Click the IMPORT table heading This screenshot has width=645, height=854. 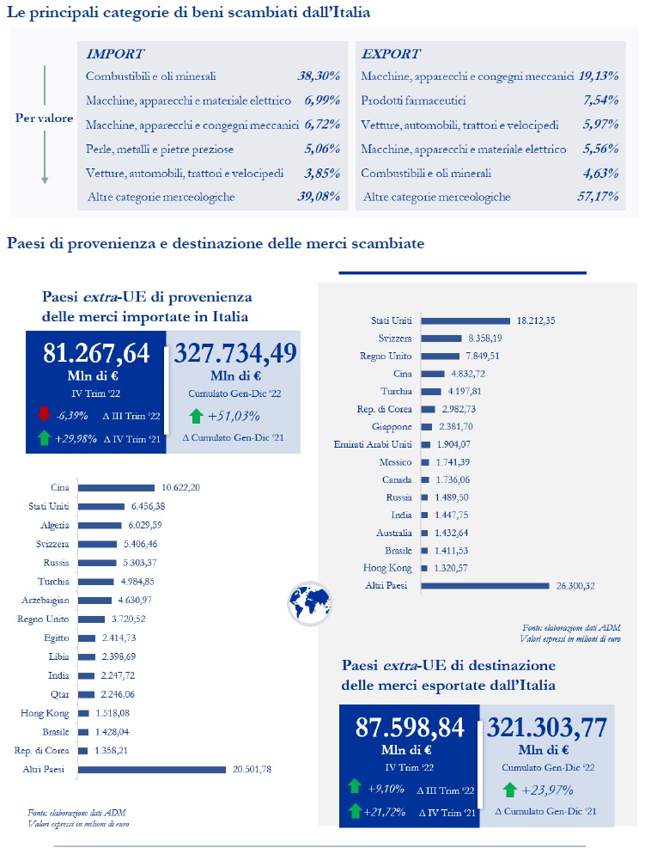[115, 53]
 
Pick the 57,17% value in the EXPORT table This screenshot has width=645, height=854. [599, 197]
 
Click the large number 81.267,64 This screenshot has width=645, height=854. [96, 353]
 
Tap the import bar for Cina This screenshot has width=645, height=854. [116, 488]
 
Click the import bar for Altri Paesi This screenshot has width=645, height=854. [150, 770]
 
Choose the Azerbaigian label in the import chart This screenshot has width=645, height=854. [46, 601]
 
